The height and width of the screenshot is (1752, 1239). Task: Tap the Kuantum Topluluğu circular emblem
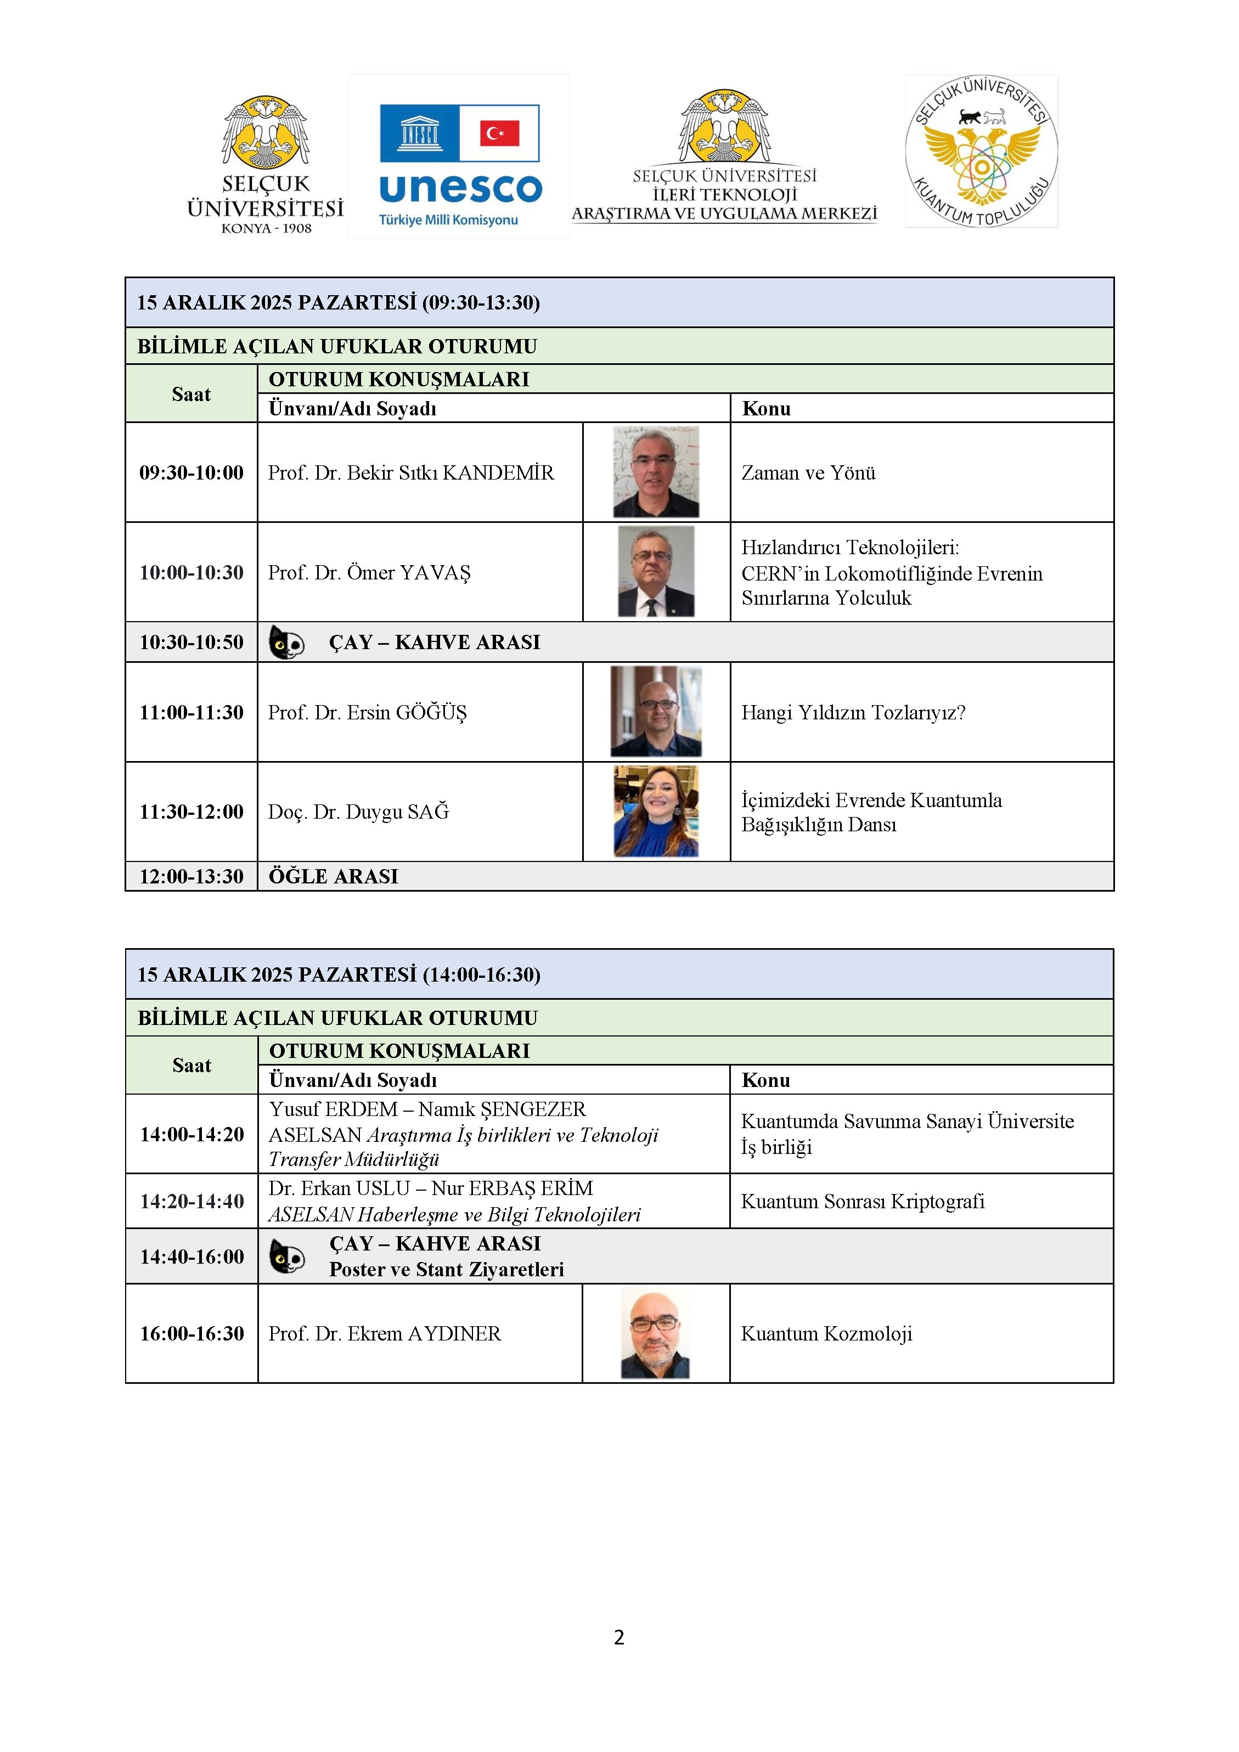pyautogui.click(x=981, y=151)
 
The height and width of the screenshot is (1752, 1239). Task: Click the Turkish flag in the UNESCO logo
pyautogui.click(x=500, y=133)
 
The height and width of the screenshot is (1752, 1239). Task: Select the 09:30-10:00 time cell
pyautogui.click(x=192, y=473)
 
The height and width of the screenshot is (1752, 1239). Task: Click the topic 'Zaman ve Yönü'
pyautogui.click(x=808, y=473)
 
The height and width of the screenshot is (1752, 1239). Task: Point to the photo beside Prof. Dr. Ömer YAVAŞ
pyautogui.click(x=656, y=572)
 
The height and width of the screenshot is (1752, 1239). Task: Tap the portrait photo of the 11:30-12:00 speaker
pyautogui.click(x=656, y=811)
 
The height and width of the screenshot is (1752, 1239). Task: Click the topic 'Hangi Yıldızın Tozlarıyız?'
pyautogui.click(x=853, y=713)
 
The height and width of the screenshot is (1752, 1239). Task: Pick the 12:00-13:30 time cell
pyautogui.click(x=192, y=876)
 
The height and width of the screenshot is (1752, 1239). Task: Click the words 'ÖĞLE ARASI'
pyautogui.click(x=334, y=876)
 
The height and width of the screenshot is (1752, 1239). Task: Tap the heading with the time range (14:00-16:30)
pyautogui.click(x=339, y=974)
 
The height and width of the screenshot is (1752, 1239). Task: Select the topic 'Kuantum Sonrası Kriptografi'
pyautogui.click(x=862, y=1201)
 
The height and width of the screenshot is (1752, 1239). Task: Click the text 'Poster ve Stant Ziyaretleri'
pyautogui.click(x=446, y=1269)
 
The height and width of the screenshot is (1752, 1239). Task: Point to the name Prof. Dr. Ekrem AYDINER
pyautogui.click(x=385, y=1333)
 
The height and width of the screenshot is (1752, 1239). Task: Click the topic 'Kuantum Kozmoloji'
pyautogui.click(x=826, y=1333)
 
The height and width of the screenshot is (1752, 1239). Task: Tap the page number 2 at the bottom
pyautogui.click(x=619, y=1637)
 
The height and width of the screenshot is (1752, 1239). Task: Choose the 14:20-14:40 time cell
pyautogui.click(x=192, y=1201)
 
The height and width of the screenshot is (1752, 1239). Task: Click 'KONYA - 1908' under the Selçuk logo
pyautogui.click(x=266, y=228)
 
